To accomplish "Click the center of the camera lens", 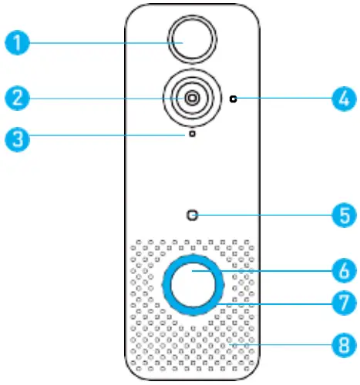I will click(x=190, y=98).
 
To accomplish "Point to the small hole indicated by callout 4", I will click(x=233, y=99).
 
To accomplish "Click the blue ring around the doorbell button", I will click(x=167, y=283).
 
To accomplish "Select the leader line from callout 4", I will click(x=285, y=99).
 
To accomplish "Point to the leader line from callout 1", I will click(x=100, y=42).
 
